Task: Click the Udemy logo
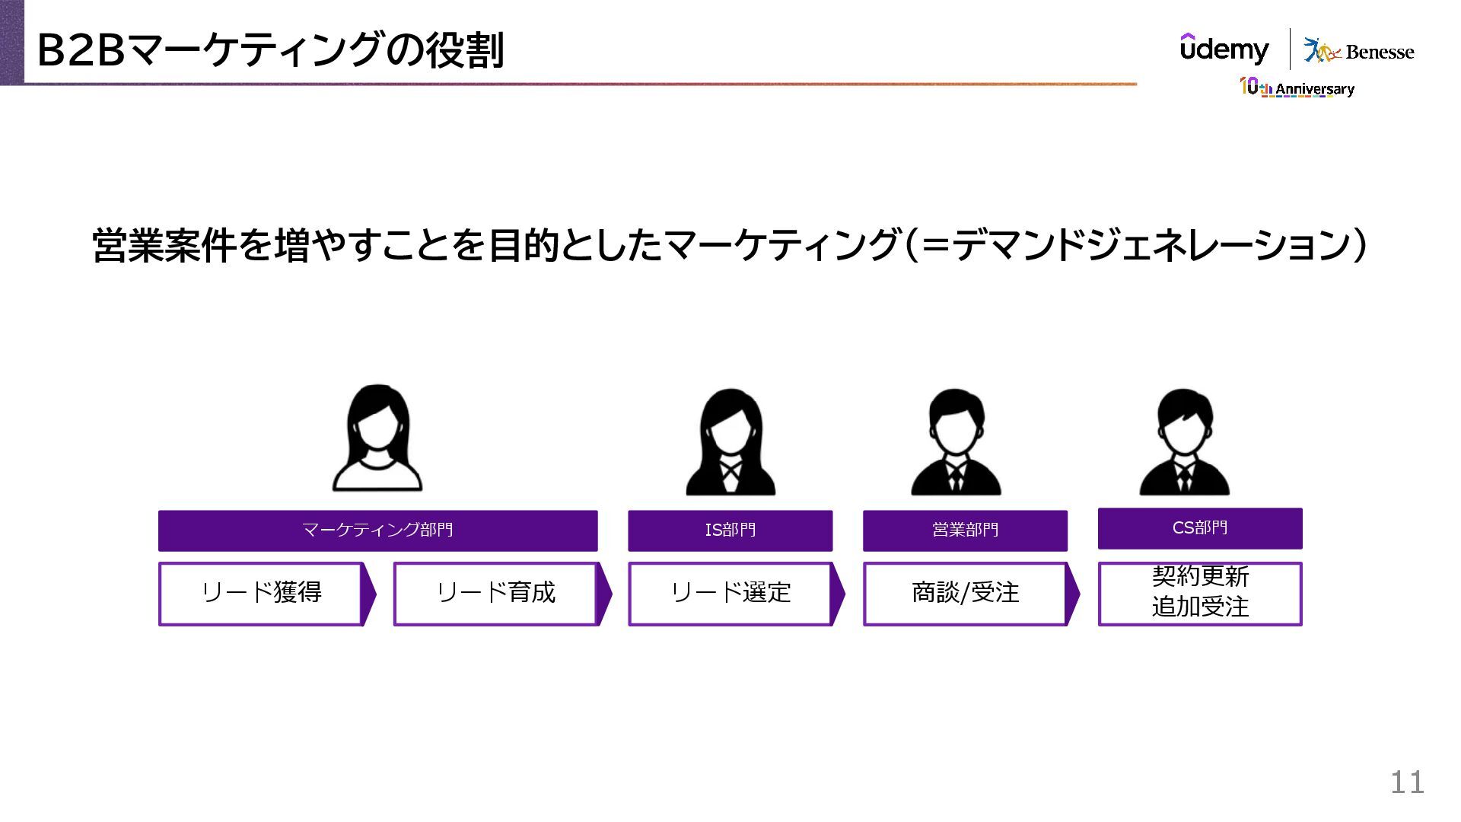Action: coord(1224,49)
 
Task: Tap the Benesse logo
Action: coord(1359,51)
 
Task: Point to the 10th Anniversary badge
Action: coord(1297,88)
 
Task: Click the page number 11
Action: coord(1407,782)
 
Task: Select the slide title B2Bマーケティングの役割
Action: coord(270,50)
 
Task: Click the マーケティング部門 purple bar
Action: coord(377,530)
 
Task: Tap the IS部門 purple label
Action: coord(730,530)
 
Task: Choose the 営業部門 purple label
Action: coord(965,530)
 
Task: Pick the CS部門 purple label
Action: coord(1200,527)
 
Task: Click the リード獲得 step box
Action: coord(260,594)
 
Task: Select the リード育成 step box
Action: coord(495,594)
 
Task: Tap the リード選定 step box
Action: coord(730,594)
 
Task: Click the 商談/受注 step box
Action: coord(965,594)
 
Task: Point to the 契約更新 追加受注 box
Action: coord(1200,593)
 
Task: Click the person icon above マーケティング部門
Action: coord(377,438)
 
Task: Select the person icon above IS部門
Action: coord(730,443)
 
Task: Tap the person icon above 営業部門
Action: coord(956,443)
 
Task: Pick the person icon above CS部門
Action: coord(1184,443)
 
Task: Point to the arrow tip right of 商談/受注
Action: coord(1074,594)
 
